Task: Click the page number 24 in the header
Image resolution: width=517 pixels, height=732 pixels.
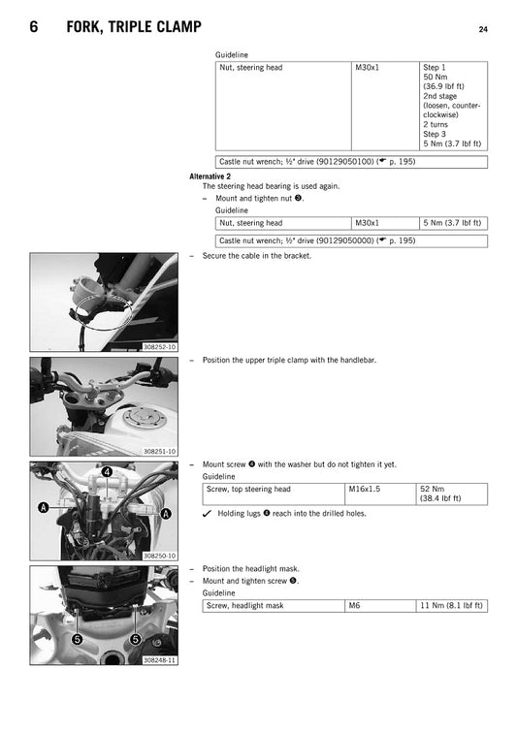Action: (482, 30)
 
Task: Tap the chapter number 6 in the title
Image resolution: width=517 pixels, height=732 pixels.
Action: (34, 29)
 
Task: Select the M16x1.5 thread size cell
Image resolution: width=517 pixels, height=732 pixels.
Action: (364, 490)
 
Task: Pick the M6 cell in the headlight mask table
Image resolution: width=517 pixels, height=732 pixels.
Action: (354, 605)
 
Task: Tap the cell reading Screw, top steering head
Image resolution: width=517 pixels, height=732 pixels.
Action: (248, 490)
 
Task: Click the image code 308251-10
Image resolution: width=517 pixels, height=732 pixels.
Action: (159, 452)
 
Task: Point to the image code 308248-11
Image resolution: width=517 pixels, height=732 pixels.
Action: (159, 659)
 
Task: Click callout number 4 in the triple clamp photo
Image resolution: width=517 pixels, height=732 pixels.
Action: (107, 472)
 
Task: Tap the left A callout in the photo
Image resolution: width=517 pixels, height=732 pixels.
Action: (42, 507)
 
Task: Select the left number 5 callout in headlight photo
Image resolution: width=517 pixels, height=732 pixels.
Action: (76, 641)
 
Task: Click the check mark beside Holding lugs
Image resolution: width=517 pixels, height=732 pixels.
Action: (208, 513)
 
